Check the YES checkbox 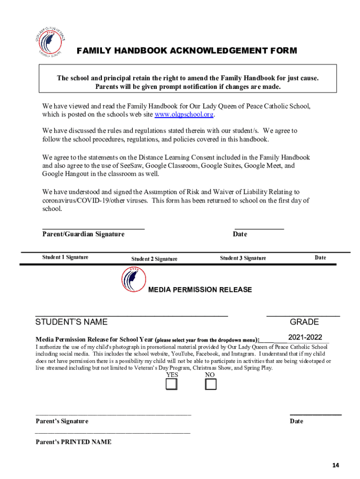172,385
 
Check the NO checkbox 211,385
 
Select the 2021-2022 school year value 305,337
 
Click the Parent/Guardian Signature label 83,234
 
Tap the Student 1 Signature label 65,257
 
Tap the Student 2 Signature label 154,259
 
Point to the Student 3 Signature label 243,258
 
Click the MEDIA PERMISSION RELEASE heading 200,290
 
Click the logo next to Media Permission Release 133,280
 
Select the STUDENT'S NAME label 72,322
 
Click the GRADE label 304,322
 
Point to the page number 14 336,465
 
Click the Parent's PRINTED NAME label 73,442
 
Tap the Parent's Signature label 62,421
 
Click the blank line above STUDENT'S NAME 131,316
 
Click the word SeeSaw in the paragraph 132,166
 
